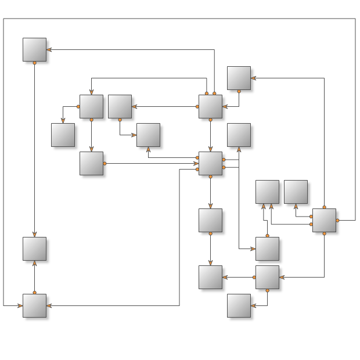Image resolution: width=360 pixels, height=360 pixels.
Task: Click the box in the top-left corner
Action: tap(34, 49)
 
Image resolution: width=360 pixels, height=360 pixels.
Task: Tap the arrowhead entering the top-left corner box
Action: tap(49, 49)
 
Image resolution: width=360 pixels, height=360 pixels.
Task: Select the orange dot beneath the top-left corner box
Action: tap(34, 62)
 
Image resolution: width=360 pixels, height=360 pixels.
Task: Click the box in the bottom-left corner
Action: tap(34, 305)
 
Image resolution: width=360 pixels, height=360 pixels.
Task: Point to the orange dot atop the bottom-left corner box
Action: tap(34, 293)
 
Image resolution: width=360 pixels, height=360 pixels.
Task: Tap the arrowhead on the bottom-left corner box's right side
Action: tap(49, 305)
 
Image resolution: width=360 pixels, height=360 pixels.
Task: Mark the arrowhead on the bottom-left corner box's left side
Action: tap(19, 305)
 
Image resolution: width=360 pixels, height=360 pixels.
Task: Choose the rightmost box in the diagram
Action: tap(324, 220)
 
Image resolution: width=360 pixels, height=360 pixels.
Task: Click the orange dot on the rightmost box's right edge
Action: tap(337, 220)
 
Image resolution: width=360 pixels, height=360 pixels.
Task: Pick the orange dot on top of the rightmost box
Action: tap(324, 207)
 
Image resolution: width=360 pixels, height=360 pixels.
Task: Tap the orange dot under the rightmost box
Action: tap(324, 233)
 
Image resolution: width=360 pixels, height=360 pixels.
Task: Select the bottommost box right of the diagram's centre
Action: tap(239, 305)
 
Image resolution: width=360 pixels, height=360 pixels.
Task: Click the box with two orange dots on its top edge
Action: tap(210, 106)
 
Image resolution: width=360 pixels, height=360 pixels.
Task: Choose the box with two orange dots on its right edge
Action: tap(210, 163)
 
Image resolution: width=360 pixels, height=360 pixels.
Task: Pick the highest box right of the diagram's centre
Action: tap(239, 78)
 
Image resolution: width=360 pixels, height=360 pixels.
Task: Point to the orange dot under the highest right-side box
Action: tap(239, 91)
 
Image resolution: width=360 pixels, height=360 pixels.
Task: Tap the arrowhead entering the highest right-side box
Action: tap(254, 78)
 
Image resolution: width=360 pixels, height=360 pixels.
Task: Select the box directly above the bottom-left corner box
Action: tap(34, 249)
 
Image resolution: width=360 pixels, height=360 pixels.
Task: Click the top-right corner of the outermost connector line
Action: tap(355, 19)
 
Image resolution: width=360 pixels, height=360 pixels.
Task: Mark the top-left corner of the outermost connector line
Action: tap(3, 19)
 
